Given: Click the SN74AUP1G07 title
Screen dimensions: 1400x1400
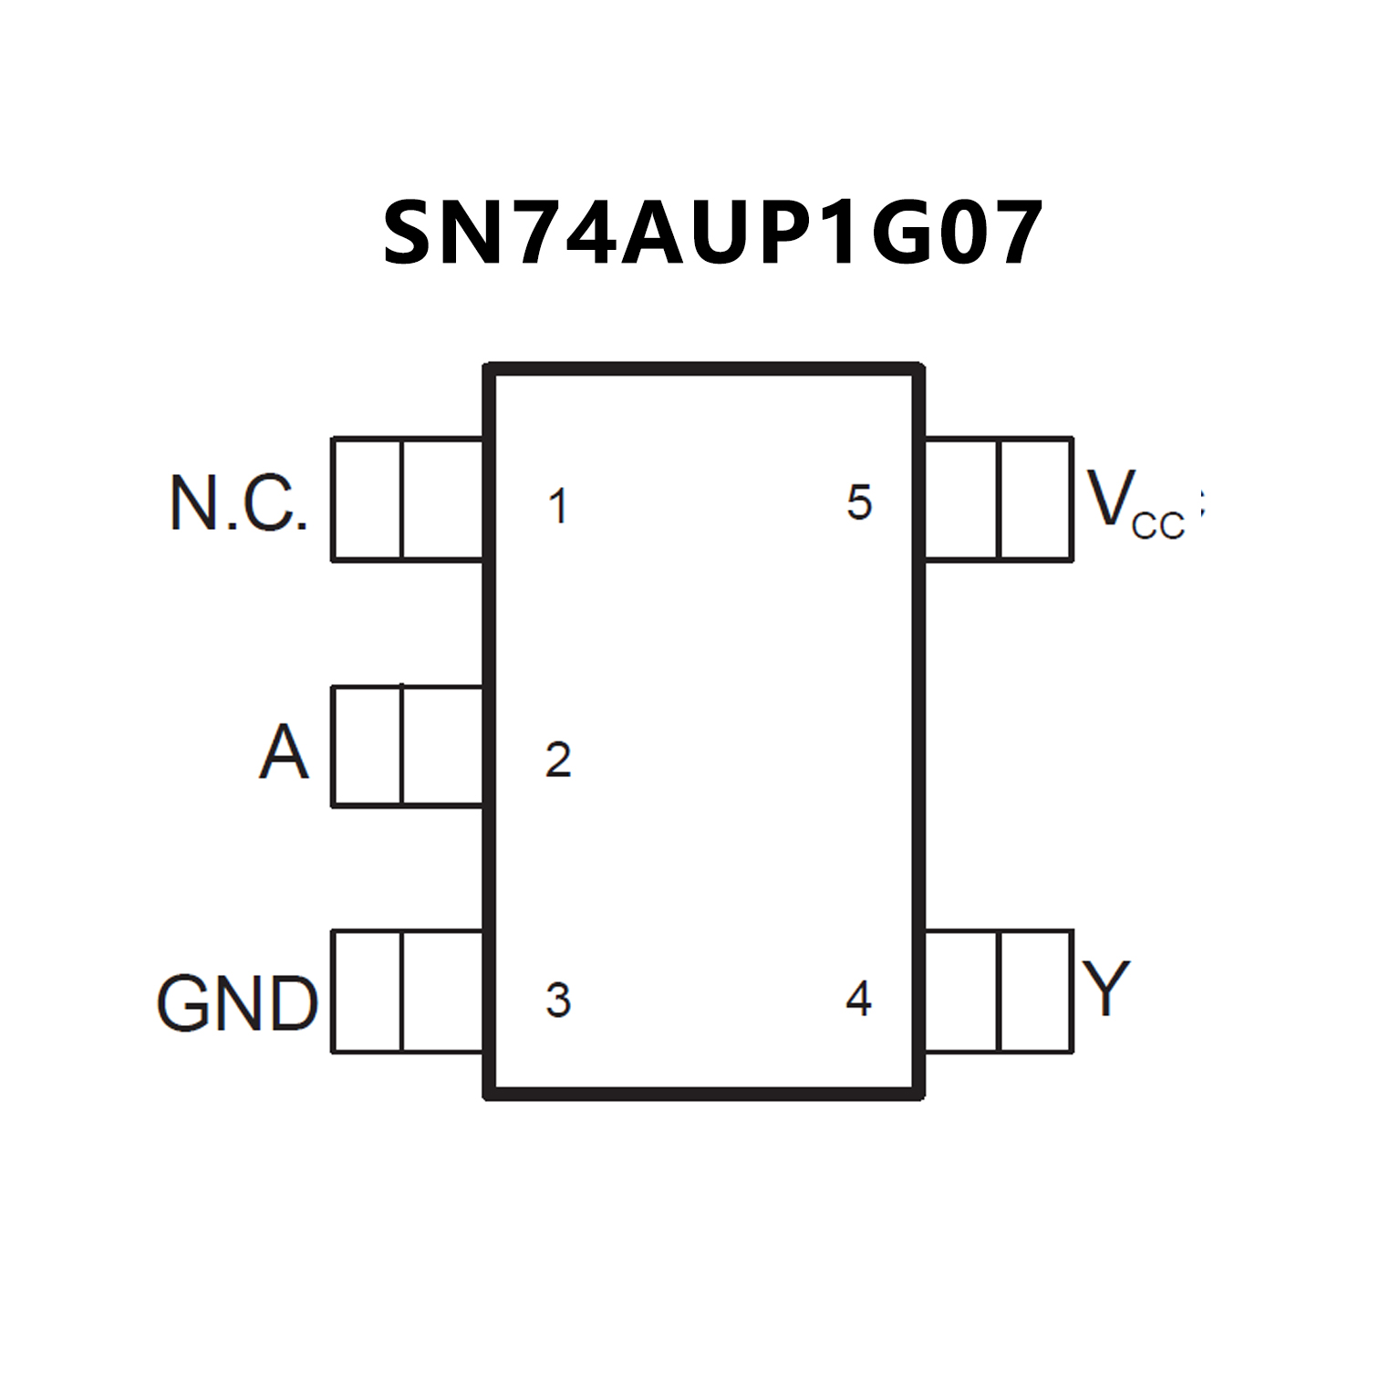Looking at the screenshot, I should point(712,233).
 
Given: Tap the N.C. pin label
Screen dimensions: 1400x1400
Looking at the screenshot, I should point(239,503).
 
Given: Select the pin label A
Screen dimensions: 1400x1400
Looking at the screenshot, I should point(284,752).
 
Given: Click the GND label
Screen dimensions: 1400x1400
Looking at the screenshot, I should point(237,1003).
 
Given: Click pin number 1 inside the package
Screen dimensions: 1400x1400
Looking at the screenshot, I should point(558,506).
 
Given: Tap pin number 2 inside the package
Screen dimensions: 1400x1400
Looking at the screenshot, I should point(558,760).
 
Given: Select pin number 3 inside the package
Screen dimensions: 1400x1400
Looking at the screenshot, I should point(558,1001).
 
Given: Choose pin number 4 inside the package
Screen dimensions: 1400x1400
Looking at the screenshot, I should point(858,999).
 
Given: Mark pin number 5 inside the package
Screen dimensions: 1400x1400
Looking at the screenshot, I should point(859,503).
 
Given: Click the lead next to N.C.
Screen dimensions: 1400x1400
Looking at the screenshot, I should point(408,500).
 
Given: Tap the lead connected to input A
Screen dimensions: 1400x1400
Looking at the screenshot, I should point(408,746).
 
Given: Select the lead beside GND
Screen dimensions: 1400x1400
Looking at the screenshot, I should point(408,991).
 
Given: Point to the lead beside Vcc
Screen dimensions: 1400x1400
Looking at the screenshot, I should point(999,500).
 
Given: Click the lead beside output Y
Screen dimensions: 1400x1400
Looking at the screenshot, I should point(999,991).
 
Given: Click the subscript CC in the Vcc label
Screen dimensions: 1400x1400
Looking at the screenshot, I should point(1157,525).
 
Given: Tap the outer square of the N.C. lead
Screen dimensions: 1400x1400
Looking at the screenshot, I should point(367,500).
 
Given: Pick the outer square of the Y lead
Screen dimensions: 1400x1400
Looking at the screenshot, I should point(1036,991).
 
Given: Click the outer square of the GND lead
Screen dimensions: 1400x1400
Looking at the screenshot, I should point(367,991).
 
